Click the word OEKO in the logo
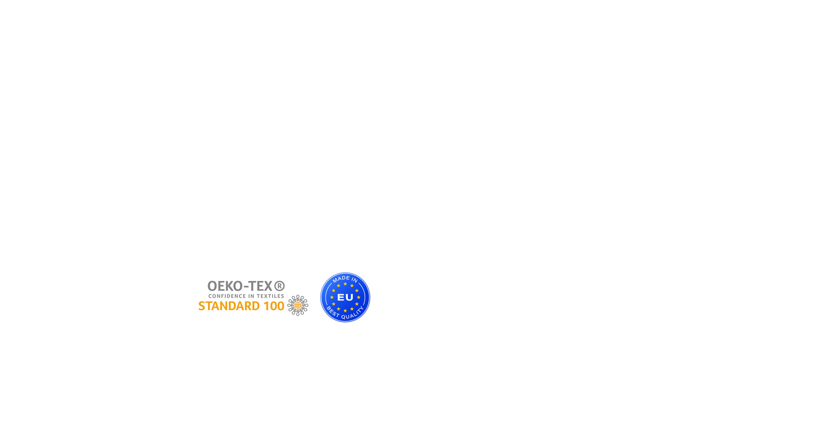[x=225, y=286]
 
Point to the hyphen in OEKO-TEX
[x=246, y=287]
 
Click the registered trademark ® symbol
[x=279, y=286]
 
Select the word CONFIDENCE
[x=226, y=296]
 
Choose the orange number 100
[x=274, y=306]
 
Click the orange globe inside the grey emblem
[x=298, y=305]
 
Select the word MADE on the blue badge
[x=340, y=279]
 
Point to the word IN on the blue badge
[x=354, y=280]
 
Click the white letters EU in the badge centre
[x=345, y=297]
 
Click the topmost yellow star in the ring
[x=345, y=284]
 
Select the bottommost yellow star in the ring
[x=345, y=311]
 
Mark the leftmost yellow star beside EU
[x=332, y=297]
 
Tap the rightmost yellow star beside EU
[x=359, y=297]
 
